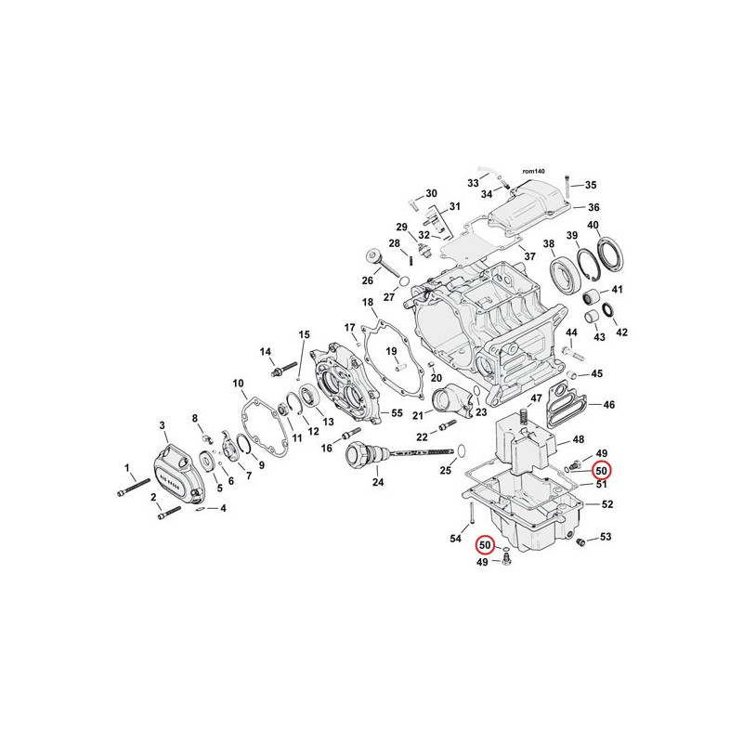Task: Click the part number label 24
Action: (378, 482)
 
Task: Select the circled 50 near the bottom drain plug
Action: (485, 545)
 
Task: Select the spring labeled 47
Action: (523, 416)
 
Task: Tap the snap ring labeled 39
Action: (588, 267)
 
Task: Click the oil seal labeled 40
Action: (611, 256)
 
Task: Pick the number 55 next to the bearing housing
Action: (397, 412)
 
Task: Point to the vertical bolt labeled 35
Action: (567, 187)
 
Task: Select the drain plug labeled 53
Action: (579, 541)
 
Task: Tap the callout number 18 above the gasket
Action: (368, 302)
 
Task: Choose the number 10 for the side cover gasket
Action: (239, 383)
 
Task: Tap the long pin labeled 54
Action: (472, 514)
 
